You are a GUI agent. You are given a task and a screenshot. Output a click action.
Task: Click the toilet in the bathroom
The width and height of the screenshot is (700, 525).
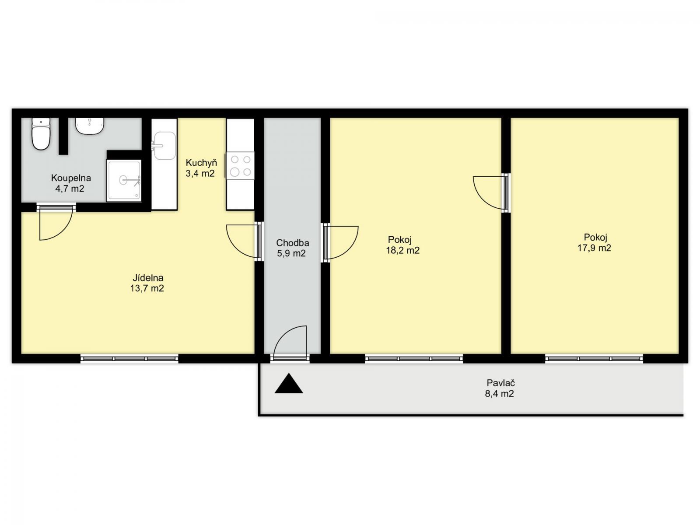click(41, 133)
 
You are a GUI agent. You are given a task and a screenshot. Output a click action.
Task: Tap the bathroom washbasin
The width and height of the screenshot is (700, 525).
click(90, 126)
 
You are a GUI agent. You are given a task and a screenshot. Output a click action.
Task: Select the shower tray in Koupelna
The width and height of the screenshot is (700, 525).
click(124, 180)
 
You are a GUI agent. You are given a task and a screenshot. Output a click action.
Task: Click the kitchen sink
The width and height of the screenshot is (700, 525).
click(164, 146)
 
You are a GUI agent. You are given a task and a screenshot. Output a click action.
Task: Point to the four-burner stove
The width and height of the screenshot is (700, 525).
click(240, 165)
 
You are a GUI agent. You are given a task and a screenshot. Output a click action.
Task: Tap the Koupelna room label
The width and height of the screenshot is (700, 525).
click(71, 178)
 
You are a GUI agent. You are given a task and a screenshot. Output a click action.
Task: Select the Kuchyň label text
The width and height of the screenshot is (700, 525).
click(201, 163)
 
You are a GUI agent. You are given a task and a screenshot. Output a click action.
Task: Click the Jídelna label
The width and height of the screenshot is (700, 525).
click(148, 278)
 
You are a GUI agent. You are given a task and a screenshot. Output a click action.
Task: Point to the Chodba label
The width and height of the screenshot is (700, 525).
click(292, 243)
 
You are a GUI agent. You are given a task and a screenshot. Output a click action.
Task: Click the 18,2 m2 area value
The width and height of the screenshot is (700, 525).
click(403, 251)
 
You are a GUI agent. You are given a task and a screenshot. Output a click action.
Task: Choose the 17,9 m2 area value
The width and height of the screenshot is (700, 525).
click(594, 248)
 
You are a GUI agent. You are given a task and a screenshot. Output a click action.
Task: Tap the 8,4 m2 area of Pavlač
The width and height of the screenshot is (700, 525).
click(500, 394)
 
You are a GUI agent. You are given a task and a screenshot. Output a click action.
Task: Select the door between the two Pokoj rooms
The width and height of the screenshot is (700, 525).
click(491, 193)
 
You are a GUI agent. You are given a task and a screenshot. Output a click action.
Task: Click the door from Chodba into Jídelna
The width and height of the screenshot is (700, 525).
click(244, 241)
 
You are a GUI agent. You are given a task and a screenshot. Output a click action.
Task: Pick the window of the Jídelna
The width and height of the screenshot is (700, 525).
click(129, 359)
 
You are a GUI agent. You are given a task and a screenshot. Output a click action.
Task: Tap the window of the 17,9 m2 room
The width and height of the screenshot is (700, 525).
click(594, 359)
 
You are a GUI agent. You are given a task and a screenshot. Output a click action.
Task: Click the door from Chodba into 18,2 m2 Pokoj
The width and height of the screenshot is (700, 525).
click(340, 242)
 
